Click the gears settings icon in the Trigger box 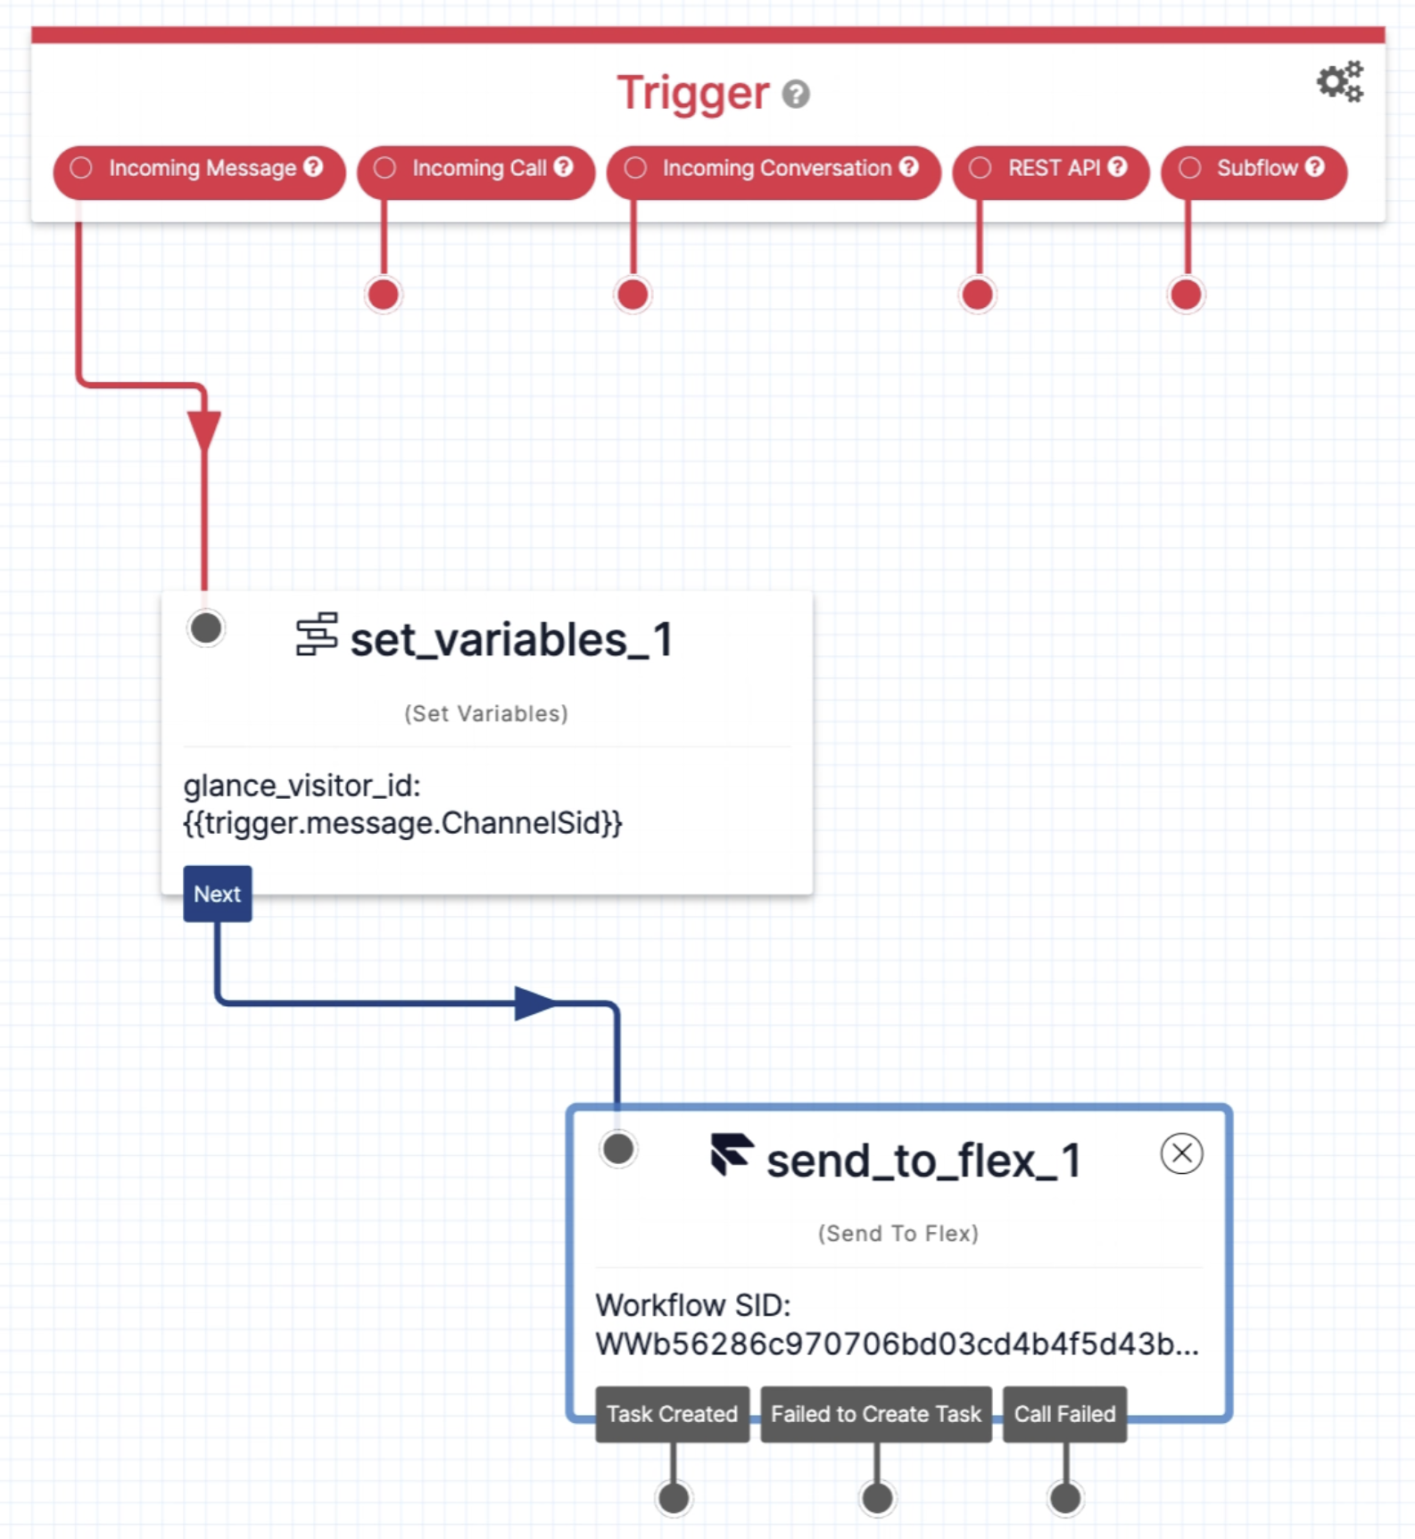(x=1340, y=82)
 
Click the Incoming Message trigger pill (x=199, y=169)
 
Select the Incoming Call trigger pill (x=476, y=169)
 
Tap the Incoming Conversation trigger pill (x=774, y=169)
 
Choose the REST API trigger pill (x=1051, y=169)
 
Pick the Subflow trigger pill (x=1254, y=169)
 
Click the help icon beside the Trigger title (x=796, y=94)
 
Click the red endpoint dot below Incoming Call (x=384, y=294)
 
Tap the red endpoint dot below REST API (x=978, y=294)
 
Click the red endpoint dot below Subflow (x=1186, y=294)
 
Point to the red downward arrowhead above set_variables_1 (x=204, y=431)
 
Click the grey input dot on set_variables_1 (x=206, y=628)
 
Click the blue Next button (x=218, y=894)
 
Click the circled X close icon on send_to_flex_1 (x=1181, y=1153)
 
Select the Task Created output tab (x=672, y=1414)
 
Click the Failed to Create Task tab (x=875, y=1414)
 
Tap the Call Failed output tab (x=1064, y=1414)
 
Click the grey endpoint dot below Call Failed (x=1065, y=1498)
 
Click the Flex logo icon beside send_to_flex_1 (x=732, y=1154)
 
